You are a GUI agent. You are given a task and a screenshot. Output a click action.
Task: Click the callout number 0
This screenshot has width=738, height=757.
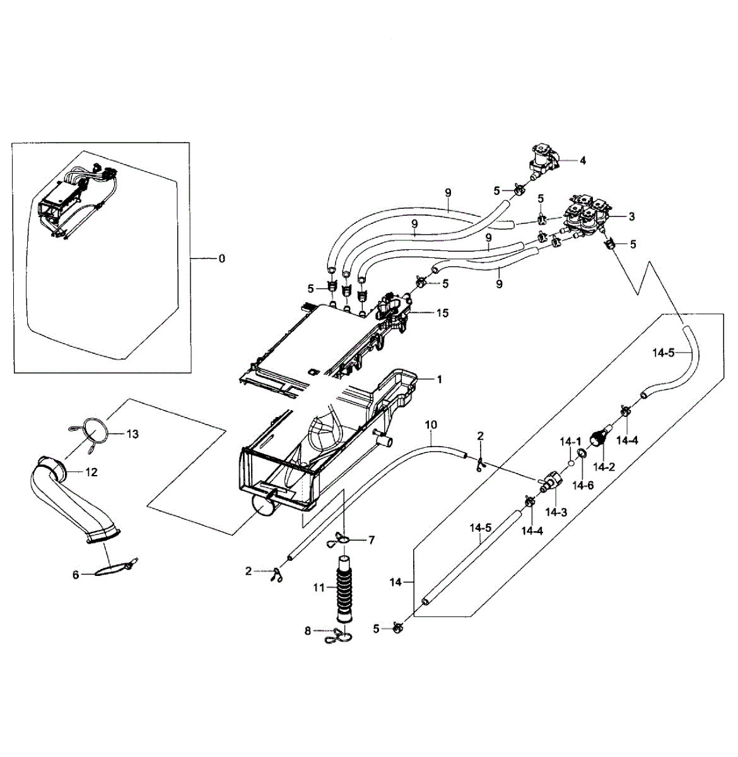tap(221, 258)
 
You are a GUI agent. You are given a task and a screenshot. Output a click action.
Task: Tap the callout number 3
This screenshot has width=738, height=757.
tap(631, 216)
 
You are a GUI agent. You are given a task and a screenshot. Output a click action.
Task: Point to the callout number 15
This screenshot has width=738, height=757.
tap(442, 313)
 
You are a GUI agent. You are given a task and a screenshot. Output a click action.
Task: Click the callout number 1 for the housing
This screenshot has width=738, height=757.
tap(440, 379)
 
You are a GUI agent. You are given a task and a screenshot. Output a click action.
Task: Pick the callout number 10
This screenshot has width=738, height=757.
tap(431, 425)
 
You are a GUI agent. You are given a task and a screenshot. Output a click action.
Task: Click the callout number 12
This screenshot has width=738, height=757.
tap(91, 472)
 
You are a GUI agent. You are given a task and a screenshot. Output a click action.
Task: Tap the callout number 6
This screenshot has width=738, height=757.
tap(76, 575)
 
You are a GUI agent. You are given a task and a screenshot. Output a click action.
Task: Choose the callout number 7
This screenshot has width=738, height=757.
tap(372, 540)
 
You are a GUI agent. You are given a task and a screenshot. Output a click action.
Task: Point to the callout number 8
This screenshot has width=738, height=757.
tap(308, 630)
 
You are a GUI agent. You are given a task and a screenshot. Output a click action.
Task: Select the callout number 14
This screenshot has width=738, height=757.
tap(395, 582)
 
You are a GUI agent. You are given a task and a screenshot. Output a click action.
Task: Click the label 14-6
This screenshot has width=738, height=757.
tap(582, 485)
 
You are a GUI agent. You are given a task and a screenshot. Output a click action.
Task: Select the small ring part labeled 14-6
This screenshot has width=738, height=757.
tap(582, 454)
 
